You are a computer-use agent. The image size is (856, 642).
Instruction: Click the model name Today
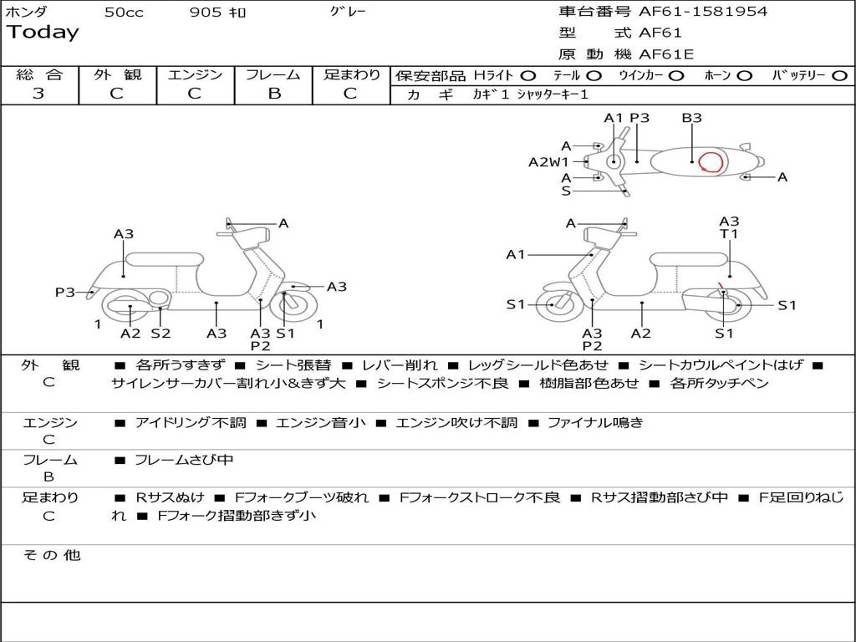pos(43,33)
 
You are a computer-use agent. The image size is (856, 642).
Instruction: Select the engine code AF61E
pos(666,54)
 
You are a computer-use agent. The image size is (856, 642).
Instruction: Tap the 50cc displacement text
pos(124,13)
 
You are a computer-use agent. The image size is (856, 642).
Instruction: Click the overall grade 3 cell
pos(38,94)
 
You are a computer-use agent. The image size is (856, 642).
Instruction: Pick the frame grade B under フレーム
pos(273,94)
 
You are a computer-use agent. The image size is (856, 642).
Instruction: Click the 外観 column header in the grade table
pos(117,74)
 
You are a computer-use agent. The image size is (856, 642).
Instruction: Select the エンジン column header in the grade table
pos(195,74)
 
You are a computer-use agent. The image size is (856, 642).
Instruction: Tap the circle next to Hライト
pos(528,76)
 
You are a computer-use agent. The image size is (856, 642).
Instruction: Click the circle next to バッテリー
pos(839,76)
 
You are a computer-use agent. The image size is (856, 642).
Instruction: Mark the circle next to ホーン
pos(745,76)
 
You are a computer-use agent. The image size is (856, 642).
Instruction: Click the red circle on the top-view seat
pos(711,161)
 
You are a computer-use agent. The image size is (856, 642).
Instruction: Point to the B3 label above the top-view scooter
pos(691,118)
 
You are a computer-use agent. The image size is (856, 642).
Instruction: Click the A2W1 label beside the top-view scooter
pos(548,162)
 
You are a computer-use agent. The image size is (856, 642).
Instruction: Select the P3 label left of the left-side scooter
pos(65,292)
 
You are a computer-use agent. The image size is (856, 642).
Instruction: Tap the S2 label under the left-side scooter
pos(160,333)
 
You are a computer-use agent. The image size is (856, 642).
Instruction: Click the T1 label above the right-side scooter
pos(729,234)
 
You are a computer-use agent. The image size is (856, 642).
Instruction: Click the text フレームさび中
pos(184,460)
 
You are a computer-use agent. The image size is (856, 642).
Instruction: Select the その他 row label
pos(52,555)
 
